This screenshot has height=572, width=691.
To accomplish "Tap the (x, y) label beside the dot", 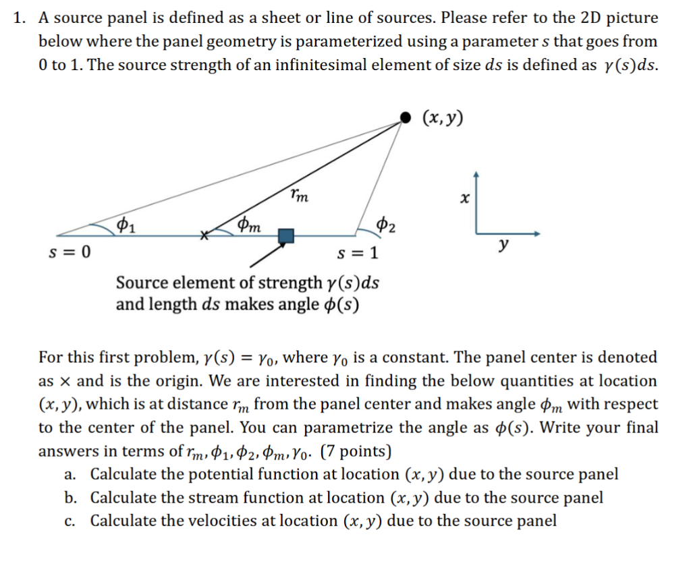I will (443, 118).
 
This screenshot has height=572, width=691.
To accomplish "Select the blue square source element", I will (287, 235).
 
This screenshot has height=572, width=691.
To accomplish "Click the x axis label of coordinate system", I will (463, 200).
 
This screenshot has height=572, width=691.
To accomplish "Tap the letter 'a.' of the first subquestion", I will (70, 474).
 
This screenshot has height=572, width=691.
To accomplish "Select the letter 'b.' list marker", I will (70, 498).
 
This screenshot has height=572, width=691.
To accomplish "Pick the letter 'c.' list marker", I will (70, 521).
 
